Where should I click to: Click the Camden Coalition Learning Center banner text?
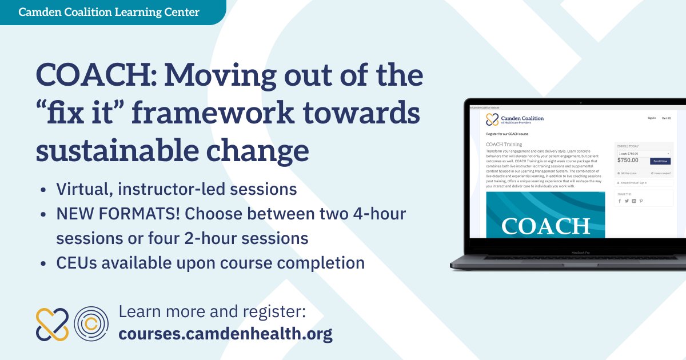(x=109, y=12)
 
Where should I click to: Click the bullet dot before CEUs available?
(x=45, y=263)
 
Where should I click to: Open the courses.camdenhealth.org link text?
(x=225, y=333)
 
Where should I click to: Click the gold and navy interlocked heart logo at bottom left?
(x=52, y=324)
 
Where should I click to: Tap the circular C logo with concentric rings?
(x=91, y=324)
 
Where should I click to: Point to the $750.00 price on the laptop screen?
(x=628, y=161)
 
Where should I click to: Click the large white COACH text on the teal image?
(x=545, y=226)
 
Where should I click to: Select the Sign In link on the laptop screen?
(x=651, y=118)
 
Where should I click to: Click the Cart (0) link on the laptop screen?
(x=666, y=118)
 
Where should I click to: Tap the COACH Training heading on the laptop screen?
(x=504, y=145)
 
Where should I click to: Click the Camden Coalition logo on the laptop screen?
(x=514, y=119)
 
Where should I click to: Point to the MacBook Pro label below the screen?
(x=579, y=251)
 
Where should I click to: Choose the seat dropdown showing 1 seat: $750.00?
(x=644, y=153)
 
